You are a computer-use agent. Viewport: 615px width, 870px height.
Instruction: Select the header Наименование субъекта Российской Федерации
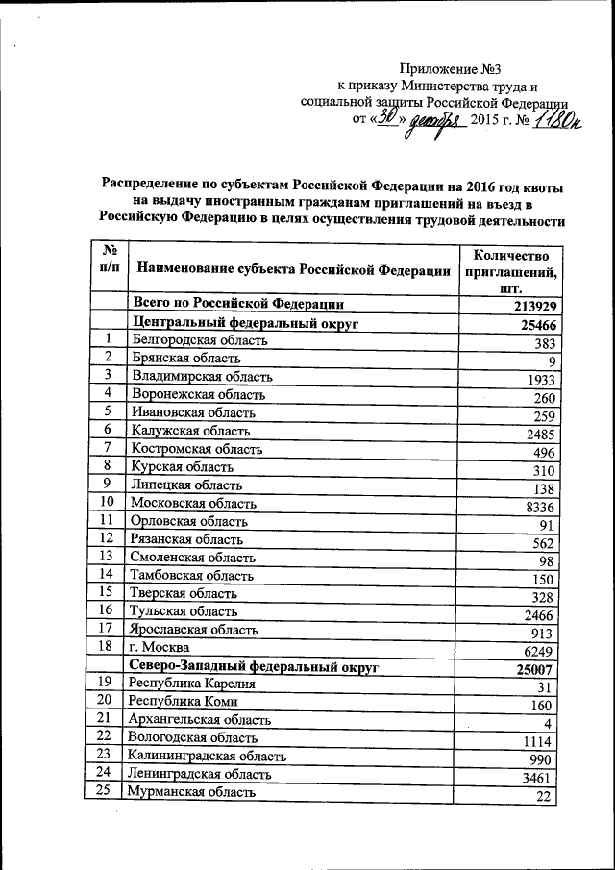(x=292, y=271)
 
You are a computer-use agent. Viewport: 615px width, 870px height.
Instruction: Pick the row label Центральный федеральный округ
(x=245, y=324)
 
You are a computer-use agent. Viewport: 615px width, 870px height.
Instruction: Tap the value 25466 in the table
(x=537, y=326)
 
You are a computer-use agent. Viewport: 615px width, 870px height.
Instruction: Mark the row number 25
(x=108, y=791)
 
